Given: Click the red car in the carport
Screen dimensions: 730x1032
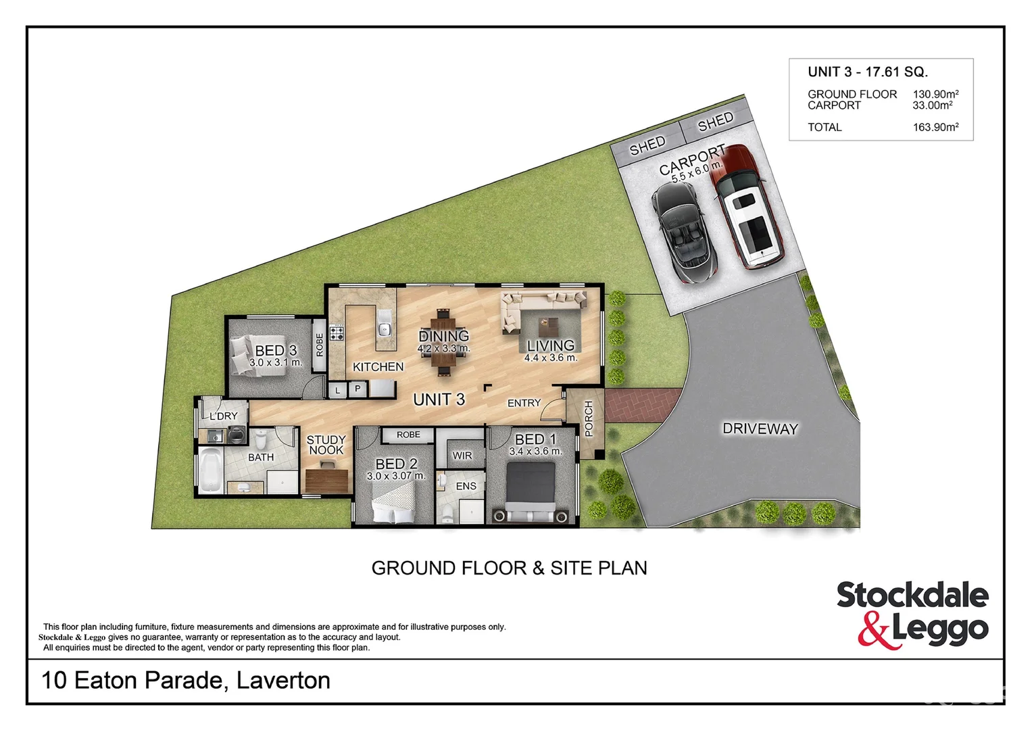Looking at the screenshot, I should [749, 208].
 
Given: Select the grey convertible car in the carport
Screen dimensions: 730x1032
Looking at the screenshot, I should [684, 232].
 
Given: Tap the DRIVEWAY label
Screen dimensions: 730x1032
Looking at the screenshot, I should [760, 429].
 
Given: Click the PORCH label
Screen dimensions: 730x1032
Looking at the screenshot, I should [588, 418].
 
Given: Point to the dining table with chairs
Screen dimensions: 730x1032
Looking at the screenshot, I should [443, 341].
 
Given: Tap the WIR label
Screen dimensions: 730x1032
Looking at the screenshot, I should [462, 456].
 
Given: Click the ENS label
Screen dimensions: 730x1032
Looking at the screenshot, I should [466, 486].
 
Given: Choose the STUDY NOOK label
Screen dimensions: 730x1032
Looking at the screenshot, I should [326, 445].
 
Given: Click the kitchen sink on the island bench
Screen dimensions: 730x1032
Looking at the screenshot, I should [384, 328].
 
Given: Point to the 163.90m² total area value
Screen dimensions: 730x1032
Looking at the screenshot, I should [935, 127].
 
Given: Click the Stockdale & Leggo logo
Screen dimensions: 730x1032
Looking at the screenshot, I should [912, 614].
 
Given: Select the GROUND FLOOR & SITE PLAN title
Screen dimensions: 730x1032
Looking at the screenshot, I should [509, 568].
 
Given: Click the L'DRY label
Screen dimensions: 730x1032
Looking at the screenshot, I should [223, 416].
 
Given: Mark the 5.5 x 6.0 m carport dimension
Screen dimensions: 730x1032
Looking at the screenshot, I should [697, 171].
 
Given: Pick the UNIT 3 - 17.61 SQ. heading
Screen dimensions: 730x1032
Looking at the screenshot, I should [867, 72].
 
